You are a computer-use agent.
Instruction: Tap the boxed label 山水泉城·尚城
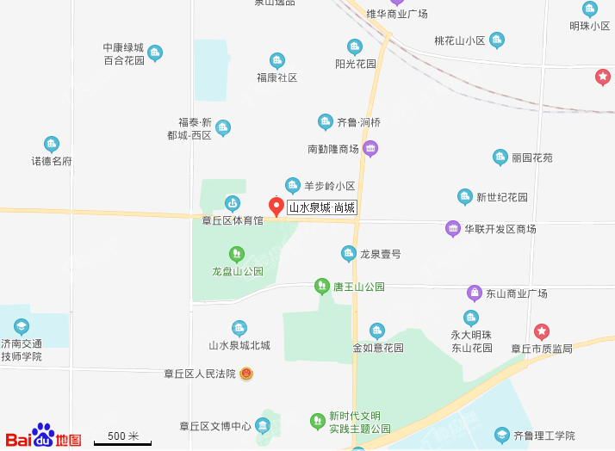321,207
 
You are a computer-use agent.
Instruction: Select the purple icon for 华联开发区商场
453,229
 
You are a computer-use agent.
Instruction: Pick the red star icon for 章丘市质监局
541,331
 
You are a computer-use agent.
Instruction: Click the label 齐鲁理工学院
544,436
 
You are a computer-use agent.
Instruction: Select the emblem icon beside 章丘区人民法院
246,374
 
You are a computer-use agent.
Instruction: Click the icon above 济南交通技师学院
22,326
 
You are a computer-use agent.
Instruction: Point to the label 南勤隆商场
332,149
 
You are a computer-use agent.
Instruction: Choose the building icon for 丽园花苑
500,158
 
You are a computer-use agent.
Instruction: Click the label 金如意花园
377,348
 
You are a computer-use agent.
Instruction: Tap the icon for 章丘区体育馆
232,203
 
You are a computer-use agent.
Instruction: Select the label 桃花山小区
460,40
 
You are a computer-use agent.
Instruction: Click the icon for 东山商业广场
474,293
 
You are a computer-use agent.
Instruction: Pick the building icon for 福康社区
276,60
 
